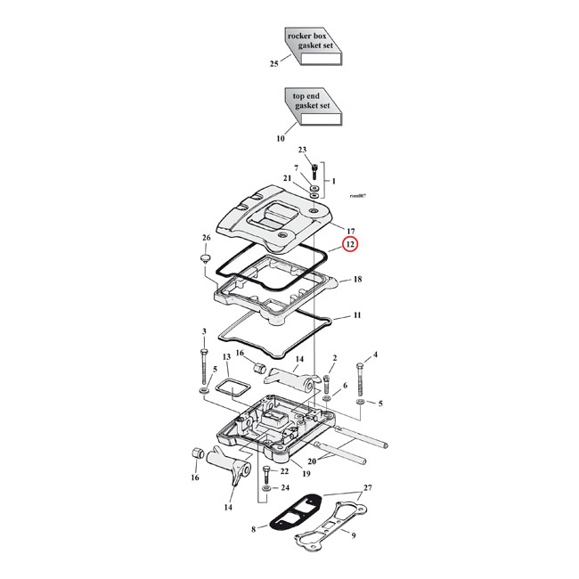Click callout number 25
[274, 65]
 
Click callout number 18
[357, 280]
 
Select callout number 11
[357, 316]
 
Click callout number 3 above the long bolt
[204, 332]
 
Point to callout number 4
[375, 355]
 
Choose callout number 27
[368, 490]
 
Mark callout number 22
[284, 470]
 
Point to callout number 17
[351, 230]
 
